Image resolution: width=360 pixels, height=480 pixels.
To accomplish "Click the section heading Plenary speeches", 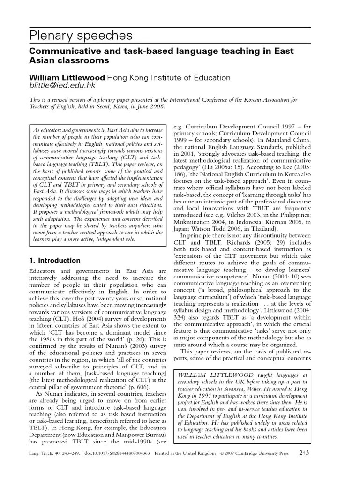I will [81, 36].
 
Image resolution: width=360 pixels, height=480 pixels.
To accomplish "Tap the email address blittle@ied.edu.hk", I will [62, 86].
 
